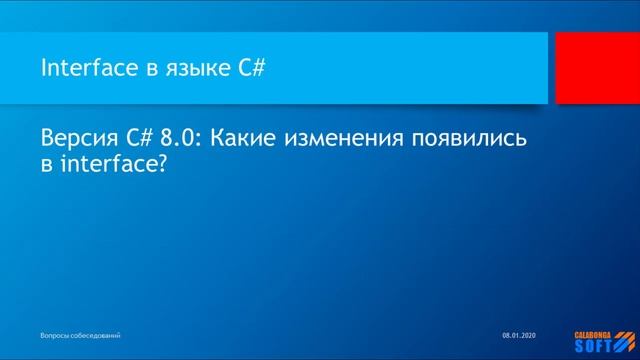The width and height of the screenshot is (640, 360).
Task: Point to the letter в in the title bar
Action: tap(151, 69)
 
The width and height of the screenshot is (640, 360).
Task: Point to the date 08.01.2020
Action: tap(519, 333)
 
